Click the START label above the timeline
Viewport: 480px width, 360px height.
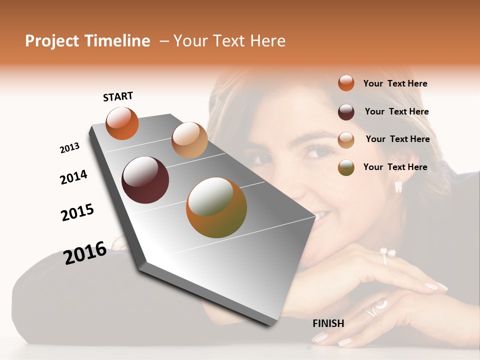pos(118,96)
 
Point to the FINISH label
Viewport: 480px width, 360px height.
pos(328,323)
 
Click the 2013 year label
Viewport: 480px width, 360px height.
pos(70,148)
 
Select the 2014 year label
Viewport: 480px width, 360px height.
pos(74,177)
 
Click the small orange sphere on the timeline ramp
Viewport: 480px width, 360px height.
pos(122,123)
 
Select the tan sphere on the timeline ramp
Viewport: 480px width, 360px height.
pos(189,140)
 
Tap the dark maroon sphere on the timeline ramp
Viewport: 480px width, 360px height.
pos(145,180)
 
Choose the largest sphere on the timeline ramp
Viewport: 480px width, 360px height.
pos(216,207)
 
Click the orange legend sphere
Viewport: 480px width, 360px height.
pos(346,83)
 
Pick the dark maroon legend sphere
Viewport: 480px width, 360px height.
pos(346,112)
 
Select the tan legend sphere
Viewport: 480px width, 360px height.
pos(346,139)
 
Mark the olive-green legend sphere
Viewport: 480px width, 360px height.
pos(346,167)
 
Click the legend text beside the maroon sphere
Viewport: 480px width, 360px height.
pos(396,111)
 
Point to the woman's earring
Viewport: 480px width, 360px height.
pos(398,186)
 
